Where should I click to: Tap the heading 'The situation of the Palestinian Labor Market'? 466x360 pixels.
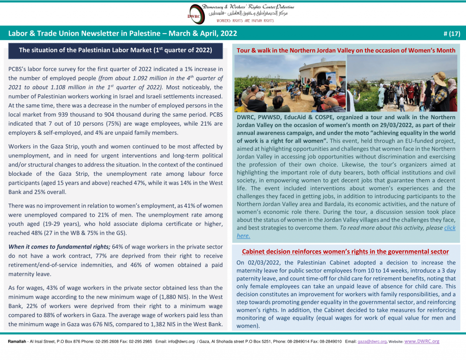coord(115,50)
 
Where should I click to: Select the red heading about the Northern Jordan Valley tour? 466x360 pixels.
coord(346,50)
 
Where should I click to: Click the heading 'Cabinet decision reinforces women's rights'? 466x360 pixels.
coord(345,251)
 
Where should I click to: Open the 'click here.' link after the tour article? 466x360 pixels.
coord(449,228)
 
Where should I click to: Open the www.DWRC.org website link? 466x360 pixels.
coord(422,341)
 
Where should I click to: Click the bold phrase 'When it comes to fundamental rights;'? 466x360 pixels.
coord(59,247)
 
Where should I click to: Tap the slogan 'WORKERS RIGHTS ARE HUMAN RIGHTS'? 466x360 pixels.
coord(245,21)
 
